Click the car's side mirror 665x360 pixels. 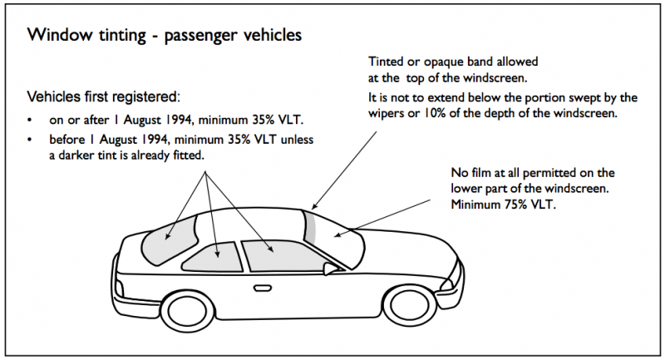click(335, 269)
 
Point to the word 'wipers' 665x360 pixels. click(389, 114)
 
